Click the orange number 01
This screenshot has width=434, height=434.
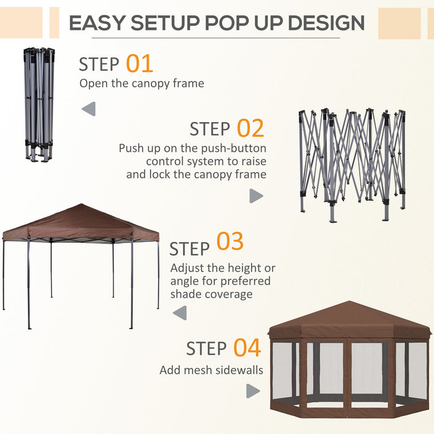(x=139, y=63)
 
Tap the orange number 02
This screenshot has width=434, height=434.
(x=250, y=128)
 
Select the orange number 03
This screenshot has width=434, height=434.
(x=229, y=242)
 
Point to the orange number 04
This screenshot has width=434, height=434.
(x=247, y=348)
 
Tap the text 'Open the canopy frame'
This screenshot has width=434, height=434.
(x=141, y=83)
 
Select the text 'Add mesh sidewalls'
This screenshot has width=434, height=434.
(x=211, y=370)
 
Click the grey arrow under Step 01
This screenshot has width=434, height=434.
(x=89, y=110)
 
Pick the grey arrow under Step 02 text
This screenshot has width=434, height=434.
(x=255, y=196)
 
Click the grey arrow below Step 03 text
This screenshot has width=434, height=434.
(x=180, y=313)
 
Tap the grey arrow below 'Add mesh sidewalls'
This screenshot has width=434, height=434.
(x=253, y=391)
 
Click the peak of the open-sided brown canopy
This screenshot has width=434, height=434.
(x=81, y=205)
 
